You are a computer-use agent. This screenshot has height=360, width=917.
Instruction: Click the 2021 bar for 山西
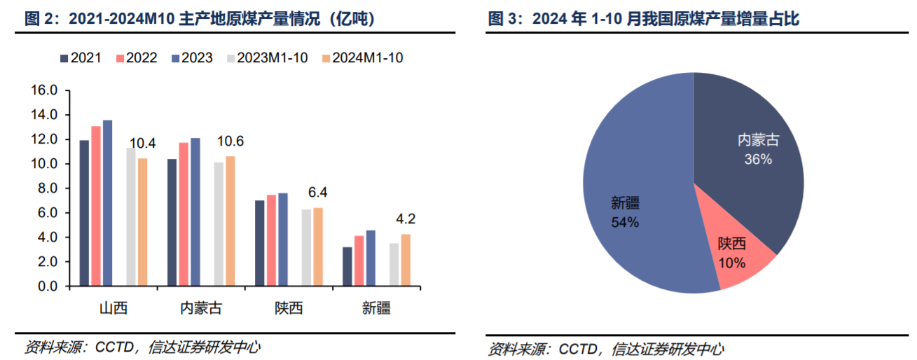click(84, 214)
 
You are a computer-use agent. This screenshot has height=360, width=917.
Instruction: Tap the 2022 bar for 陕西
click(271, 240)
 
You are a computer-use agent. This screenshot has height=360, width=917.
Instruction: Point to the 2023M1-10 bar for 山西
click(131, 217)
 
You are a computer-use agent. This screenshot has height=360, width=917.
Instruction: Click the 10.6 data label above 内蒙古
click(230, 141)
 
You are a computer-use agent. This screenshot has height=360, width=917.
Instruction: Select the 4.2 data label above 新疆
click(406, 219)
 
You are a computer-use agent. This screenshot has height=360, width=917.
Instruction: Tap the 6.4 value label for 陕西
click(317, 193)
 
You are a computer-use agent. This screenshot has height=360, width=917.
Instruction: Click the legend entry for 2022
click(137, 58)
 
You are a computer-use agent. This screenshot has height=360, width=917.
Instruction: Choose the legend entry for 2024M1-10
click(361, 58)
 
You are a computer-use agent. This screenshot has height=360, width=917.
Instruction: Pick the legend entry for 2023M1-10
click(266, 58)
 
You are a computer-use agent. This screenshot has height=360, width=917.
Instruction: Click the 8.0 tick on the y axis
click(47, 188)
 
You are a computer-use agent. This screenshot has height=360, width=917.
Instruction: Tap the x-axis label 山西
click(113, 308)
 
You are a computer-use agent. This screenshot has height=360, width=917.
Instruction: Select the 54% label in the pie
click(624, 223)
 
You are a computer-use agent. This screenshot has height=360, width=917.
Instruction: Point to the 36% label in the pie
click(758, 160)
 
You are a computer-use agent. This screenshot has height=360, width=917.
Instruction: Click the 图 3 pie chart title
click(644, 20)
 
